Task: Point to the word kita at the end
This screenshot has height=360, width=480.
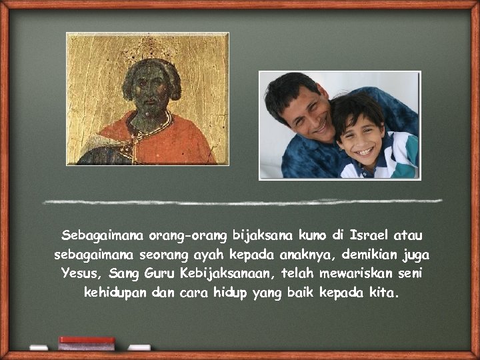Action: pos(383,293)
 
